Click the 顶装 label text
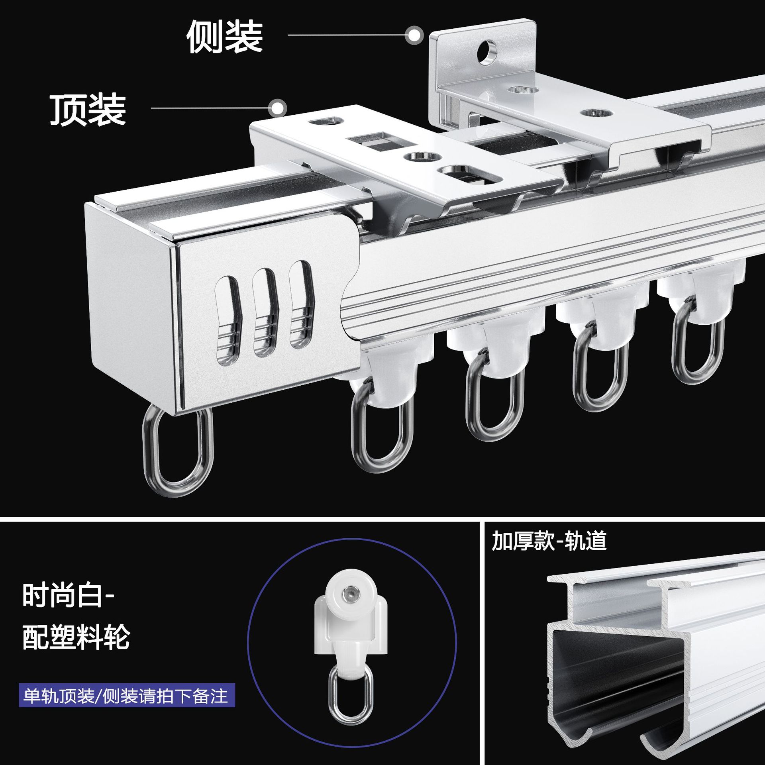pos(88,110)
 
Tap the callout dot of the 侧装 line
pos(414,36)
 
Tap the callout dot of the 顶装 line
pos(278,108)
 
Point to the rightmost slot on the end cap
pos(302,304)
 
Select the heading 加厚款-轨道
pos(549,541)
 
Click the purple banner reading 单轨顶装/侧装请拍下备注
pos(127,696)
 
